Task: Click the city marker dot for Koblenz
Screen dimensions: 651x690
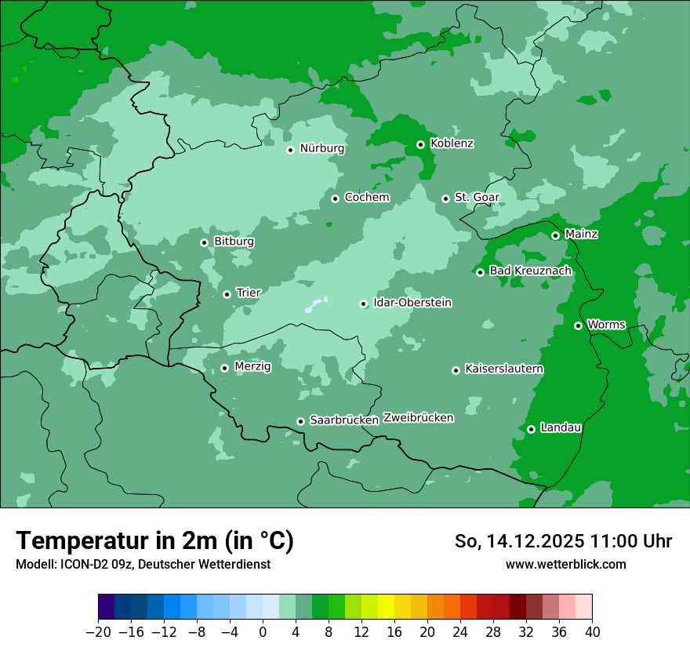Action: pyautogui.click(x=420, y=144)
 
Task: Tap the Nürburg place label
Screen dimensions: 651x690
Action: pyautogui.click(x=321, y=148)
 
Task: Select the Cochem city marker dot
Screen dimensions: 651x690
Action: pyautogui.click(x=335, y=198)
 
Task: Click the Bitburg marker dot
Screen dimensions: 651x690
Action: pyautogui.click(x=204, y=242)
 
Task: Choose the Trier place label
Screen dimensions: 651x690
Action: pyautogui.click(x=248, y=293)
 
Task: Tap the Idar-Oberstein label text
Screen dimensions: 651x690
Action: pyautogui.click(x=412, y=302)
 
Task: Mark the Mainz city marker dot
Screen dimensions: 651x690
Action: pyautogui.click(x=555, y=235)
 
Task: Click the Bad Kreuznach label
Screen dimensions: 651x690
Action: pyautogui.click(x=530, y=271)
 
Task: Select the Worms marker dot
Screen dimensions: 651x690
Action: pyautogui.click(x=578, y=325)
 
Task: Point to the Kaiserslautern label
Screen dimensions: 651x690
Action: pyautogui.click(x=503, y=369)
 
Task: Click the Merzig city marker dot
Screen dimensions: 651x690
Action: pyautogui.click(x=224, y=368)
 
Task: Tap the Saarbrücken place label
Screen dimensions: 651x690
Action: pyautogui.click(x=343, y=420)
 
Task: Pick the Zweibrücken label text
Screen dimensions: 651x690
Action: pyautogui.click(x=418, y=417)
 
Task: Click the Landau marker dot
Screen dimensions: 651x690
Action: pyautogui.click(x=531, y=429)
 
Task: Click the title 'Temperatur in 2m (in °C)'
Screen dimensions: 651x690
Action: pyautogui.click(x=154, y=541)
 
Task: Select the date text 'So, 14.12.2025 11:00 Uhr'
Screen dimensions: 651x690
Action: pyautogui.click(x=563, y=541)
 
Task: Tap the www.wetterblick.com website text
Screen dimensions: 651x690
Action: pyautogui.click(x=565, y=564)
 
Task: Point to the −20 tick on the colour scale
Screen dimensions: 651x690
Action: pyautogui.click(x=98, y=631)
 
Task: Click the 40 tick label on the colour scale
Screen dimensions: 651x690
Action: pyautogui.click(x=592, y=631)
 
